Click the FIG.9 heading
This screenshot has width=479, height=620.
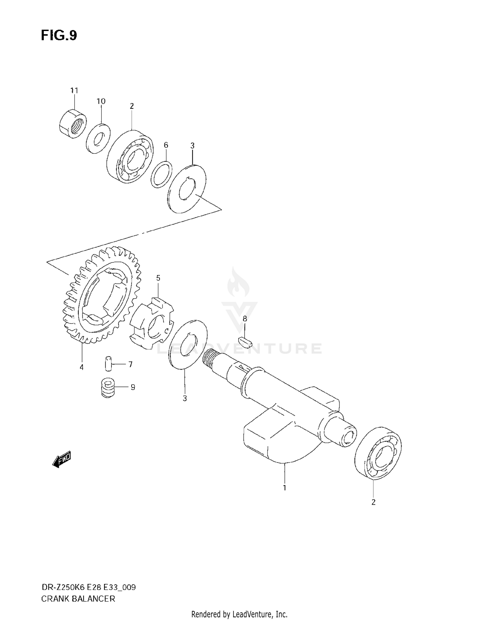59,35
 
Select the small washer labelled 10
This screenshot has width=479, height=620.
98,139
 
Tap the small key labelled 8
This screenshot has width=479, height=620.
246,342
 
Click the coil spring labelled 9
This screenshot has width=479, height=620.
108,388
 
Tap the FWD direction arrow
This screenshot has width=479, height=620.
61,460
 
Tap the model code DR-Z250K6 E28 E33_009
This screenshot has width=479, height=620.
88,587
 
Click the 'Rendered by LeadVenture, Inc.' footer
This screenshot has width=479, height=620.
239,614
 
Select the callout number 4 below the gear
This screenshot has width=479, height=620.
82,367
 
